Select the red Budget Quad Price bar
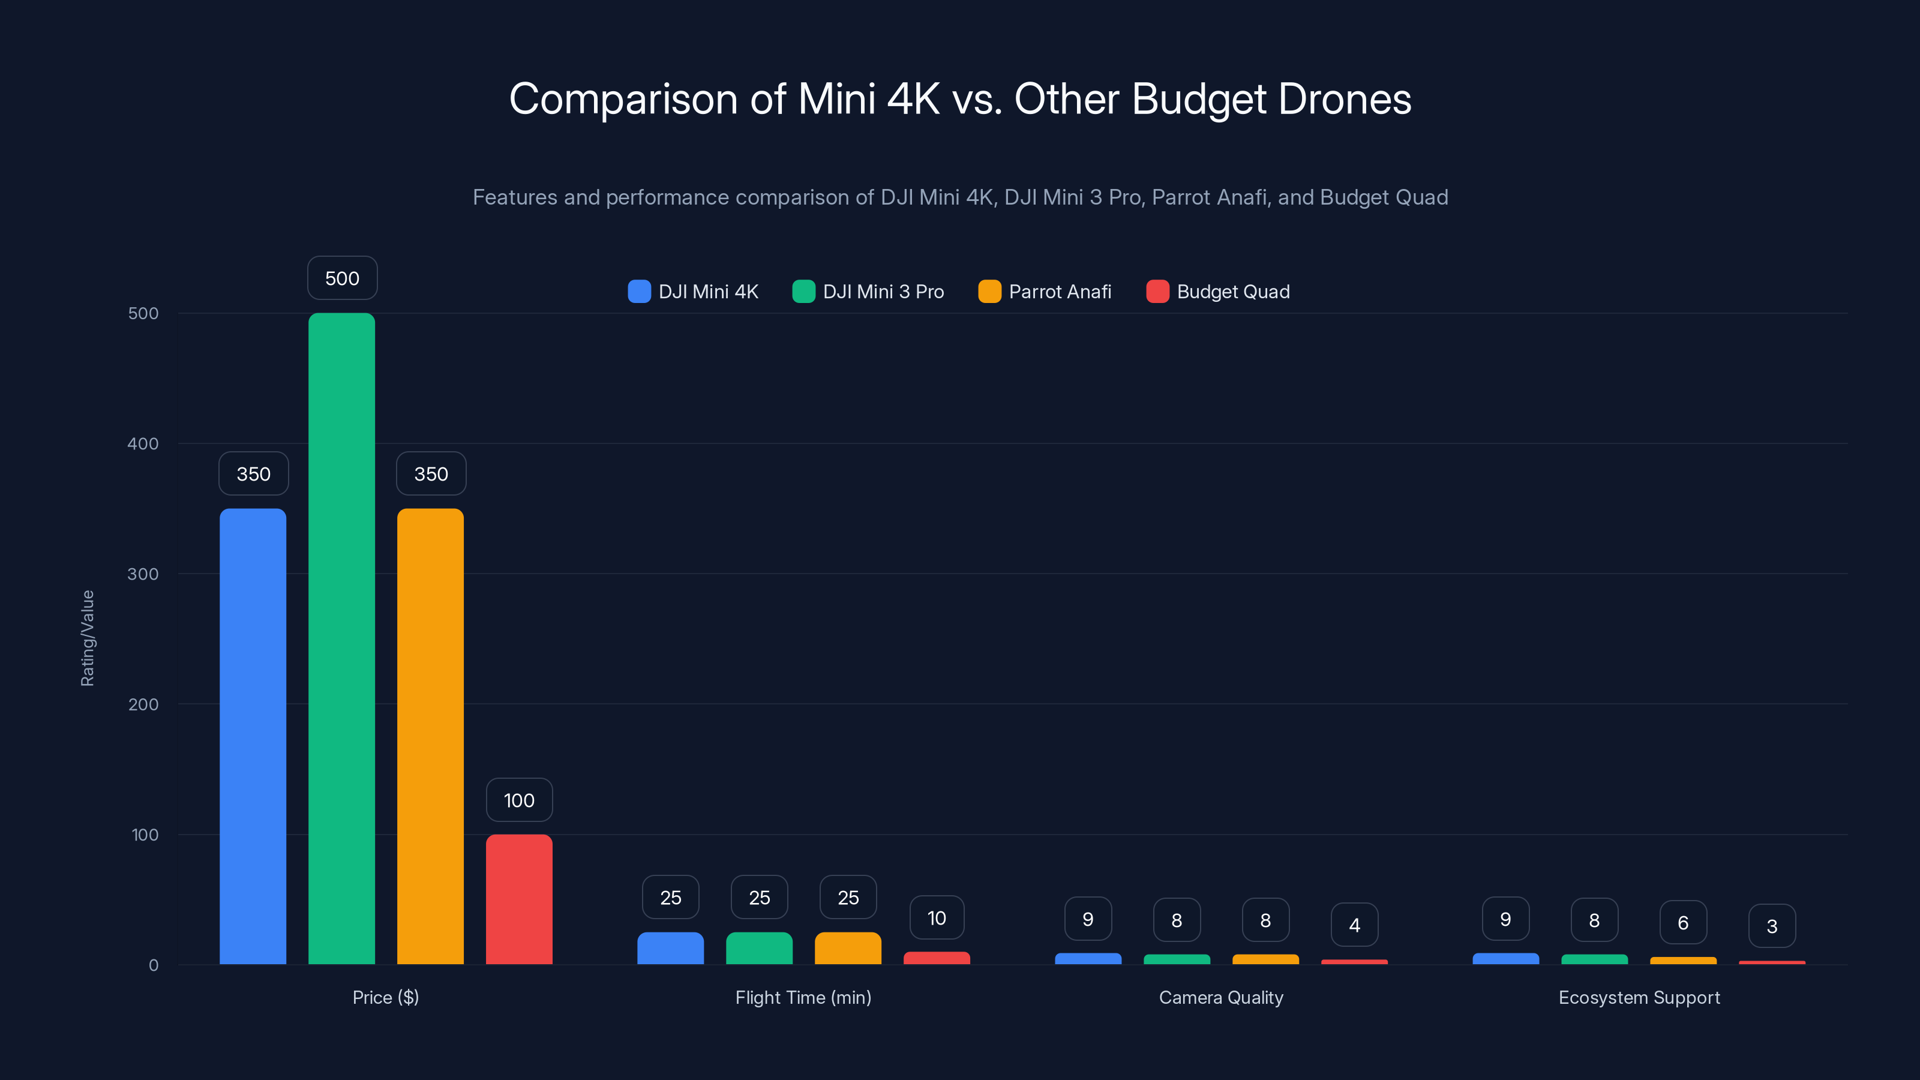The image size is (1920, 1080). tap(519, 899)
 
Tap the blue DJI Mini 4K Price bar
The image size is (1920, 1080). tap(253, 736)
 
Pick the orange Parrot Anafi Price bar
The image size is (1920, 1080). tap(430, 736)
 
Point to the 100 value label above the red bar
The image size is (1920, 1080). tap(519, 800)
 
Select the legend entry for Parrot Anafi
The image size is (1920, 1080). tap(1045, 292)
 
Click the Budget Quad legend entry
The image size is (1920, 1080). tap(1218, 292)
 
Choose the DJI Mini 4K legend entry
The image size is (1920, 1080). tap(693, 292)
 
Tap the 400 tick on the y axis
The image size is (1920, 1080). tap(143, 443)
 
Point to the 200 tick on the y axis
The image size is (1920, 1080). tap(143, 704)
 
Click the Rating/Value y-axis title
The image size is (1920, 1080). tap(87, 638)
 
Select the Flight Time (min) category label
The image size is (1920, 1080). tap(803, 997)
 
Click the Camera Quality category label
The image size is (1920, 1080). tap(1221, 997)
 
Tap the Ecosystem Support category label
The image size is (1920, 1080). tap(1639, 997)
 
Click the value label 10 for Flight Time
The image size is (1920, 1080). tap(936, 917)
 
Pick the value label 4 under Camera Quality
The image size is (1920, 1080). tap(1354, 925)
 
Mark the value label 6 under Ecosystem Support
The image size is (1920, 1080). tap(1683, 923)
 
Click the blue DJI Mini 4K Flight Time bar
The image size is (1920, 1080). tap(670, 948)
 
